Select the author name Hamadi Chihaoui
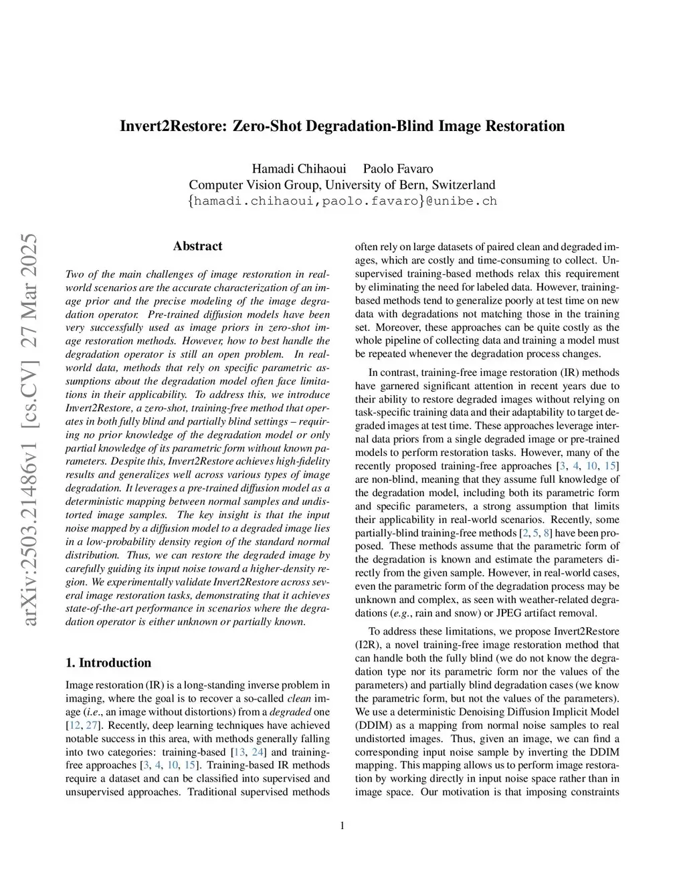pos(298,169)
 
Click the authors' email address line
pos(342,201)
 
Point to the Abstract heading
pos(197,246)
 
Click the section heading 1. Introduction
pos(108,663)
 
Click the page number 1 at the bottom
pos(342,826)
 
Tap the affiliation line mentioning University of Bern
pos(342,185)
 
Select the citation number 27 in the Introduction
pos(92,726)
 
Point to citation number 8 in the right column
pos(548,533)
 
